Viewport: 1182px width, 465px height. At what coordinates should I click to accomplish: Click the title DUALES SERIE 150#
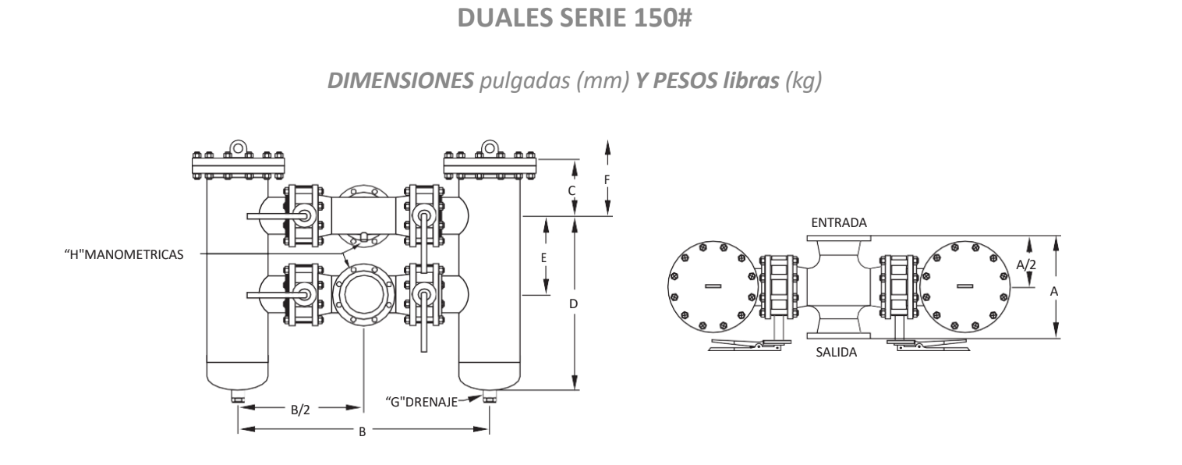pos(590,20)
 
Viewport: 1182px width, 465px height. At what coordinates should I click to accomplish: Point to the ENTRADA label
pos(839,224)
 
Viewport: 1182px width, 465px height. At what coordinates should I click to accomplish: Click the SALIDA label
pos(836,353)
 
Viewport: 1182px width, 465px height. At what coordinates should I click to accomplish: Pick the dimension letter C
pos(572,190)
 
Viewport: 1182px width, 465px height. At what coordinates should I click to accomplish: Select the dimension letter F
pos(607,179)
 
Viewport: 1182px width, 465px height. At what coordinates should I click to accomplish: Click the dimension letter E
pos(546,257)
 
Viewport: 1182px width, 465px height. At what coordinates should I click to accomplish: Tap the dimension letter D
pos(573,303)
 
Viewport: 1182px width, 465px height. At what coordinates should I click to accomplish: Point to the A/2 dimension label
pos(1026,264)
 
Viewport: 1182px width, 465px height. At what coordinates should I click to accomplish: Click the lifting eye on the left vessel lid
pos(238,147)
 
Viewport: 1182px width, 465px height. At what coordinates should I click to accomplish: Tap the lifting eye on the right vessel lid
pos(490,147)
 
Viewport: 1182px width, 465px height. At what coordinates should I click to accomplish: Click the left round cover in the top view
pos(713,286)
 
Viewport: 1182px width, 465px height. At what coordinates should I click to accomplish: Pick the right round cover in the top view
pos(965,286)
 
